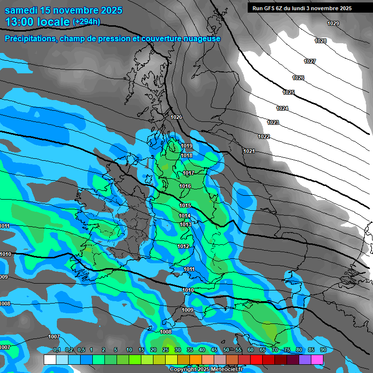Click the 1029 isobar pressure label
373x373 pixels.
click(x=333, y=23)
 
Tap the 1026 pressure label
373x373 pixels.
click(x=298, y=78)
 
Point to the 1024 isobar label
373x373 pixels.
click(x=282, y=108)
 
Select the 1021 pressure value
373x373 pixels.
click(x=249, y=151)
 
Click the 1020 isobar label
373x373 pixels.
click(x=176, y=117)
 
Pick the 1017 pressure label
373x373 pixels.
click(x=188, y=173)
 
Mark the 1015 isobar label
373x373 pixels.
click(x=185, y=205)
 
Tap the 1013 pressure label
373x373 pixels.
click(x=185, y=224)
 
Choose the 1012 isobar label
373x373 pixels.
click(x=183, y=246)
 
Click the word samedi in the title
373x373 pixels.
click(x=22, y=10)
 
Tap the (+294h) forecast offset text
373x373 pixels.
click(x=86, y=22)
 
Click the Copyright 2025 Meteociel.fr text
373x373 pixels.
click(x=206, y=369)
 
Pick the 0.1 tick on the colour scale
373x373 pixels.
click(x=57, y=350)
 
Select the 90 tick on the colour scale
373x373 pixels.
click(x=323, y=350)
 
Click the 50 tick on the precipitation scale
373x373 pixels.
click(x=226, y=350)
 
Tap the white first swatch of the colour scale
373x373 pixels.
click(x=50, y=359)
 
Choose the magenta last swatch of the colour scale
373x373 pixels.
click(x=317, y=359)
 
